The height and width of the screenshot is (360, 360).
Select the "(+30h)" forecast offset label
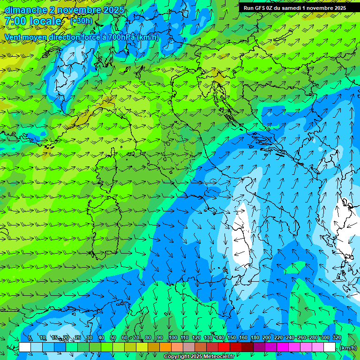(x=81, y=21)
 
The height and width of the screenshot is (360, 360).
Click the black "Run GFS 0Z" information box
(x=295, y=8)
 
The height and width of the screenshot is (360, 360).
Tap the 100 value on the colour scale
(x=173, y=338)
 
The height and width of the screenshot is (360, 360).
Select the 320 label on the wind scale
(x=337, y=338)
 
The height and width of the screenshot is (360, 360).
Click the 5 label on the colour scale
(x=30, y=338)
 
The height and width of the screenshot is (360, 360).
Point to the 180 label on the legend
(x=255, y=338)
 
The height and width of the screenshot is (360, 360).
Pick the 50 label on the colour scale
(x=113, y=338)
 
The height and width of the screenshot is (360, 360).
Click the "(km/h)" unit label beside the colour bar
(x=348, y=348)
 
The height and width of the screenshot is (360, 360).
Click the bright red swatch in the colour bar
(x=224, y=347)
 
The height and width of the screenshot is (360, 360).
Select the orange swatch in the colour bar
(x=165, y=347)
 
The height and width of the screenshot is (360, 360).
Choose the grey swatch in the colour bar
(x=189, y=347)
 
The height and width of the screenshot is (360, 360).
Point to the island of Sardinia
(x=101, y=225)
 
